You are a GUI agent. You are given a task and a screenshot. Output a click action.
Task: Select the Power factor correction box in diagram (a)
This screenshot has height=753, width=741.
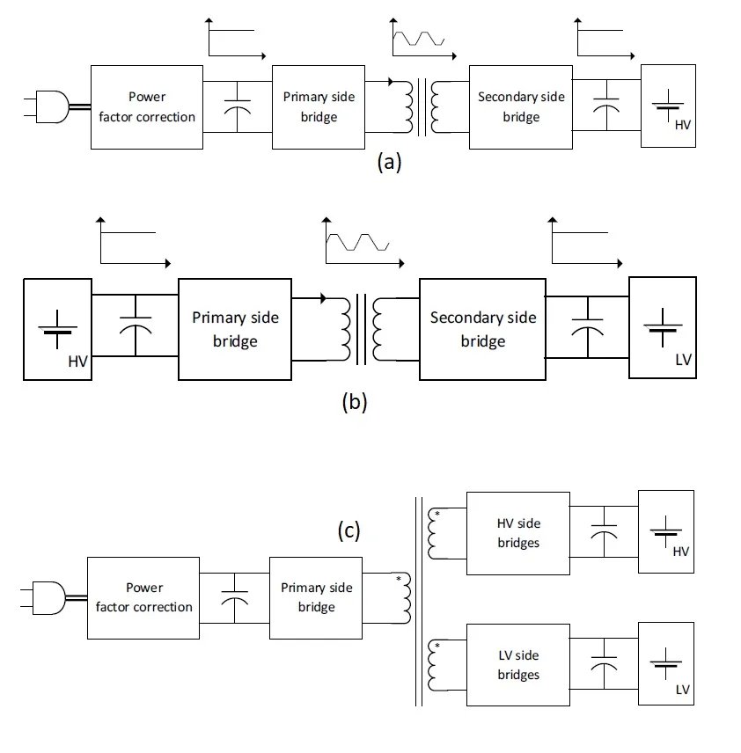pyautogui.click(x=147, y=106)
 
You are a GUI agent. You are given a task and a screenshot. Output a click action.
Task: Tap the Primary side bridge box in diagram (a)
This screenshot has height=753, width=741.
pyautogui.click(x=318, y=106)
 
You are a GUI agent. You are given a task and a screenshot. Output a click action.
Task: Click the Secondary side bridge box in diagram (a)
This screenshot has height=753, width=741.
pyautogui.click(x=521, y=106)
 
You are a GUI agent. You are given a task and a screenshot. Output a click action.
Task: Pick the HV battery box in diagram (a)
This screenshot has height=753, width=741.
pyautogui.click(x=668, y=106)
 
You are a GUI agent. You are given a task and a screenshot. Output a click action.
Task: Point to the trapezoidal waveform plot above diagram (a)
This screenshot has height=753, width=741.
pyautogui.click(x=418, y=40)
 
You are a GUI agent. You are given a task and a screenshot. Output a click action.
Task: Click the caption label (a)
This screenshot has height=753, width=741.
pyautogui.click(x=388, y=162)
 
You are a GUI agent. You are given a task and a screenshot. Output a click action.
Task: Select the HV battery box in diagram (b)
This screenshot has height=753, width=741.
pyautogui.click(x=57, y=329)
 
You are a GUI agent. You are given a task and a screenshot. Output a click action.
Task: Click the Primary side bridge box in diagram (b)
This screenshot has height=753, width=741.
pyautogui.click(x=235, y=329)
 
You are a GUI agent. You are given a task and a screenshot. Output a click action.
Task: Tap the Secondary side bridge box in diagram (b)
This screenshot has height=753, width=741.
pyautogui.click(x=482, y=329)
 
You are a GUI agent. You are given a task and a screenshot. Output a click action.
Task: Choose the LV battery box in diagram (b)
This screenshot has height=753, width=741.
pyautogui.click(x=663, y=327)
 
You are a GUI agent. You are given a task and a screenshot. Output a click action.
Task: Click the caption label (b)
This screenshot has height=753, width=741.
pyautogui.click(x=354, y=403)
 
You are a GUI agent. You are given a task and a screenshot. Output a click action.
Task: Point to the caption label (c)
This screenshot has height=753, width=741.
pyautogui.click(x=349, y=530)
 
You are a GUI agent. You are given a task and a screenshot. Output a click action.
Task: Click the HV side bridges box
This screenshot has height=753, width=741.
pyautogui.click(x=517, y=533)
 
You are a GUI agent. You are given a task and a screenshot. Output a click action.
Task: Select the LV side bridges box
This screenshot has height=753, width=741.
pyautogui.click(x=517, y=664)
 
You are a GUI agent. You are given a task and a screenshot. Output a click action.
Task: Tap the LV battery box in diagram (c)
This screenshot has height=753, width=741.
pyautogui.click(x=666, y=663)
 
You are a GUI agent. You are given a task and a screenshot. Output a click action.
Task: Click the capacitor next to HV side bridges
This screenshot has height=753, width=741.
pyautogui.click(x=604, y=533)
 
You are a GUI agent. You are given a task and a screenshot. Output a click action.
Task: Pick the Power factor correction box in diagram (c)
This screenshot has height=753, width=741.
pyautogui.click(x=143, y=597)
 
